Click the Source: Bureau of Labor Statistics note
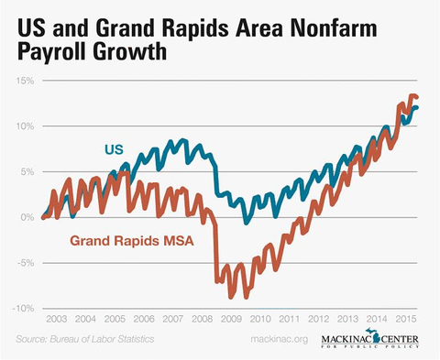point(84,340)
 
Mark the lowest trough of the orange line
point(232,298)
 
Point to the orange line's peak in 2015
point(412,95)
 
